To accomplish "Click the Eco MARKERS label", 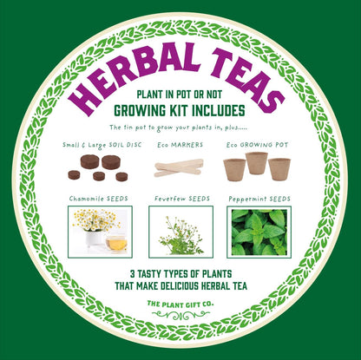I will [x=177, y=145].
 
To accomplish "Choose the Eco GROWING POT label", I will [x=256, y=145].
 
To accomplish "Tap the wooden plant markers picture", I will [x=177, y=166].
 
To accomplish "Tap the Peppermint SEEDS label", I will [x=260, y=199].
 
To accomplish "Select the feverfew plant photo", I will [x=180, y=232].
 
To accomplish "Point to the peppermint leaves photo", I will [x=261, y=232].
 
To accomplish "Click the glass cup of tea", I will [x=115, y=243].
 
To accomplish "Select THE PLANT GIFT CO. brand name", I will [x=180, y=303].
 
